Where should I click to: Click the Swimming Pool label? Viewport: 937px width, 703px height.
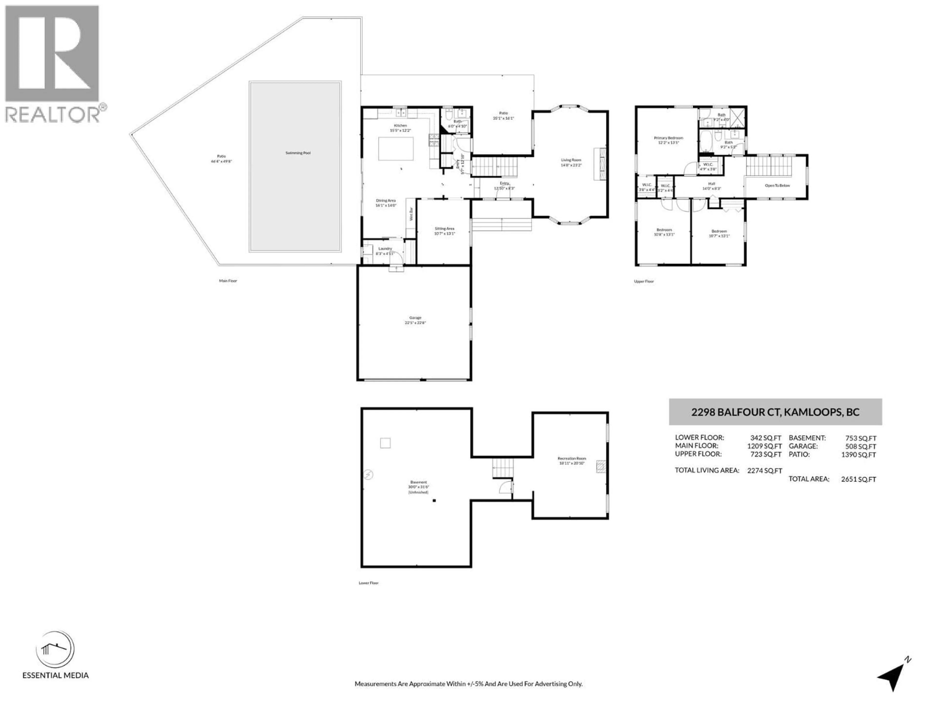[298, 153]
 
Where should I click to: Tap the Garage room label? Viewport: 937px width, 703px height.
[415, 318]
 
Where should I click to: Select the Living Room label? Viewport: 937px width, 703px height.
[571, 160]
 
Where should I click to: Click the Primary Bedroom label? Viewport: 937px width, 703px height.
[668, 138]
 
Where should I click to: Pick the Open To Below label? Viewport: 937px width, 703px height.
[777, 186]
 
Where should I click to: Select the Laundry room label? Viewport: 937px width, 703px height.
[385, 249]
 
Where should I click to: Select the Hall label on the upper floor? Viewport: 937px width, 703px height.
[712, 184]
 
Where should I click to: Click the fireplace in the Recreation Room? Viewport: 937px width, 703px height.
[601, 466]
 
